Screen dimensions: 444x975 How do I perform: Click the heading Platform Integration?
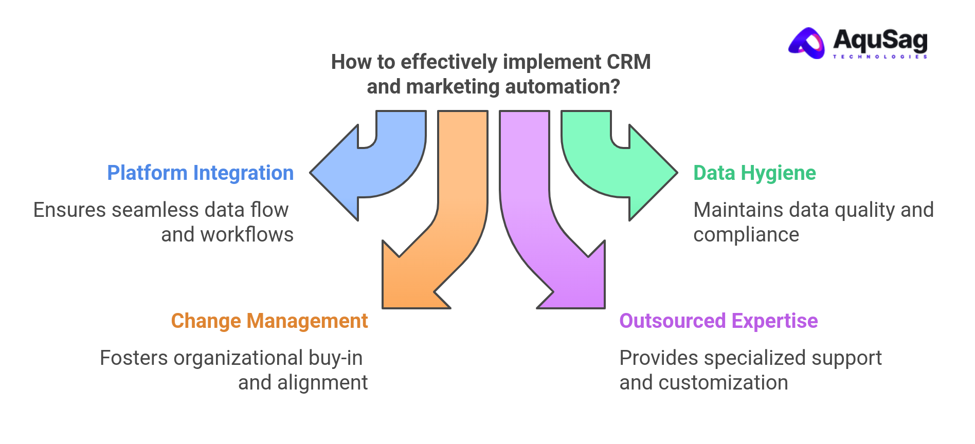pos(200,173)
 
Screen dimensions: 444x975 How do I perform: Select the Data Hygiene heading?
pos(754,173)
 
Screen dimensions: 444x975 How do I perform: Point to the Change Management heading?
pos(269,321)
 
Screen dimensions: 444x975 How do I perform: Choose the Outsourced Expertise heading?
pos(718,321)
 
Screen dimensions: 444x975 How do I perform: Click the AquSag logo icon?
pos(807,43)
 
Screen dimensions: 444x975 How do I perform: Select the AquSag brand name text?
pos(880,40)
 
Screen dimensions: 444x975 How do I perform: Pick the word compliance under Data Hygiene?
pos(746,235)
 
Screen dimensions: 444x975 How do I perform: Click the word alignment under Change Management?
pos(322,383)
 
